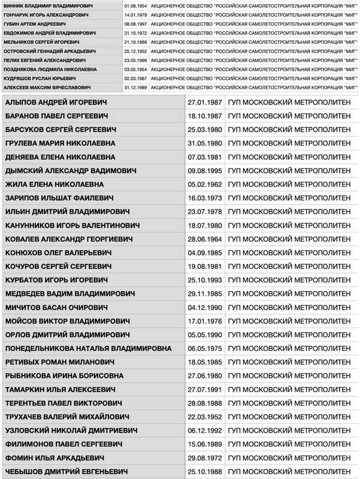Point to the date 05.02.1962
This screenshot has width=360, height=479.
(x=205, y=186)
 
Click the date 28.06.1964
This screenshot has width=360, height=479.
(x=205, y=239)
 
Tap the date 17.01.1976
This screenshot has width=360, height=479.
(x=205, y=321)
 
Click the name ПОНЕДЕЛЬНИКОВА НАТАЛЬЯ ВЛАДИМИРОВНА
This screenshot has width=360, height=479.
(x=87, y=349)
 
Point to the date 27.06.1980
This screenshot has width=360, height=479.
(x=205, y=376)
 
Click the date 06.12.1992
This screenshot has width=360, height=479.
(x=205, y=430)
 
